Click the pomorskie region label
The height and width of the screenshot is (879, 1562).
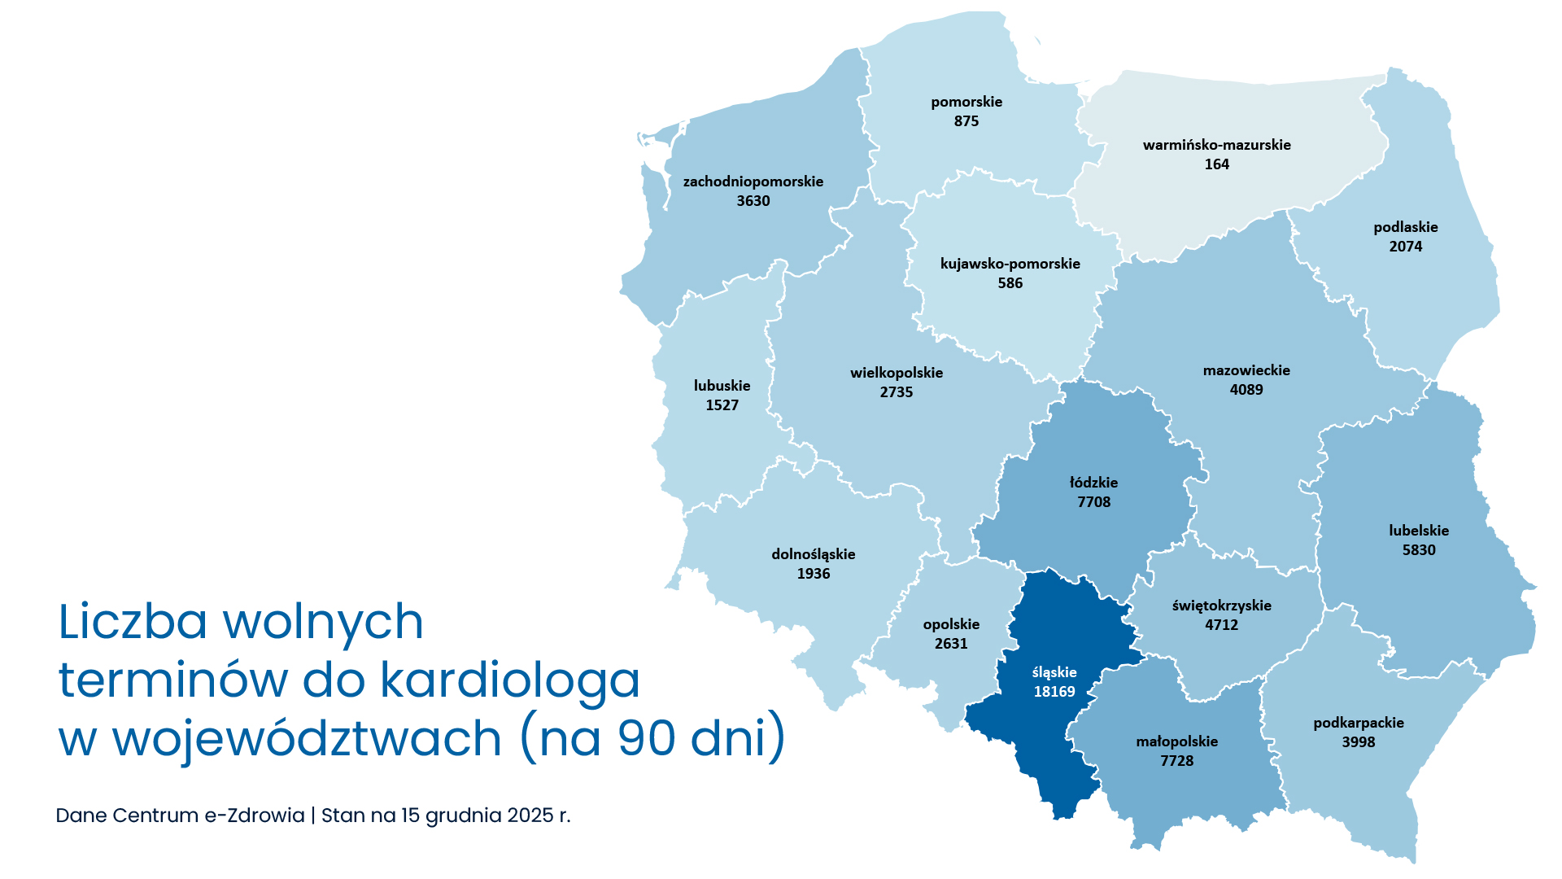click(966, 102)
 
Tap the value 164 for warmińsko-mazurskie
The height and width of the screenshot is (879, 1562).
click(1217, 164)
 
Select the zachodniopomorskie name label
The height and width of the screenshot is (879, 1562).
click(753, 181)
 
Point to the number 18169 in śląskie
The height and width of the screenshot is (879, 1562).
click(1054, 692)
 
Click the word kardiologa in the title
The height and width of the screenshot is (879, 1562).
click(510, 680)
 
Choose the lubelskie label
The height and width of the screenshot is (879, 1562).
click(1419, 531)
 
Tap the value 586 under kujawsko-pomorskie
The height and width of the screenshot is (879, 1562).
click(1010, 283)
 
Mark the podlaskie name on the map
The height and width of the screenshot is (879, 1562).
click(1406, 227)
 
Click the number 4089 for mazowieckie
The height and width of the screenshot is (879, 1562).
click(1246, 390)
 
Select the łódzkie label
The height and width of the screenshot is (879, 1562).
click(1093, 483)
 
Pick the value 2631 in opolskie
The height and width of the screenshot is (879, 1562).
click(951, 644)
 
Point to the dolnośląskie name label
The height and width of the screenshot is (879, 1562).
click(814, 554)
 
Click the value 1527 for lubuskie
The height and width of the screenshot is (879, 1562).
click(722, 405)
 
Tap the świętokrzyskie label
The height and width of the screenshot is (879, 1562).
click(1221, 606)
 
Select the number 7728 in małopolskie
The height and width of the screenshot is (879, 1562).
click(1177, 761)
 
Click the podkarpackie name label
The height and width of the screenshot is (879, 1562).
click(1359, 723)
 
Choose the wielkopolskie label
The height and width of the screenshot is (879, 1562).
click(897, 373)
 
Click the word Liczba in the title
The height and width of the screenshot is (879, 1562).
click(133, 622)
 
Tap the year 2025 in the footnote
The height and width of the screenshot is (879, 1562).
click(530, 816)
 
